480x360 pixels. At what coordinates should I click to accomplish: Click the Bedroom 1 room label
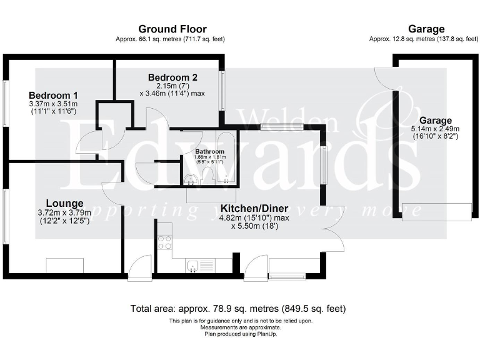[53, 95]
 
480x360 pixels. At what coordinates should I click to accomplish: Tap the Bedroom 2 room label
[172, 77]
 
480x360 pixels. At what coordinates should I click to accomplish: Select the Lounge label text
[64, 203]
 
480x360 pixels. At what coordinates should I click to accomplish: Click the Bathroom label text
[209, 152]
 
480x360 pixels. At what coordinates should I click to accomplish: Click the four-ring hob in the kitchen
[165, 242]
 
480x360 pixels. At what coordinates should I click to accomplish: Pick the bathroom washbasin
[193, 180]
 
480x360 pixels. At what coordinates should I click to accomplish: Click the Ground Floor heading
[172, 29]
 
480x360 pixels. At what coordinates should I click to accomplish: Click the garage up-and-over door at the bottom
[436, 212]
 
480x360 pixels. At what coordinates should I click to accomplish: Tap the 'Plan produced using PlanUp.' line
[241, 334]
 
